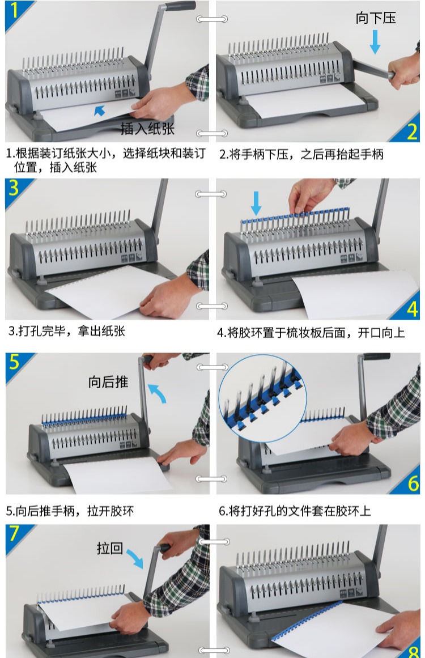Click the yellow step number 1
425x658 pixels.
[14, 11]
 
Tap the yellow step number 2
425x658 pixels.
[411, 131]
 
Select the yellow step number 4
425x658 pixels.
[412, 309]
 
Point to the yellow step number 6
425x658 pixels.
[413, 483]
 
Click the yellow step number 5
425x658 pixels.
[14, 362]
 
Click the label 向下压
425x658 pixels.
[376, 18]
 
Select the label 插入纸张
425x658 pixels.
[147, 129]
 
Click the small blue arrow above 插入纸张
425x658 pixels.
[99, 111]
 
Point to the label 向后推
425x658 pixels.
[108, 382]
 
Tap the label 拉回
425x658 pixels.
[110, 548]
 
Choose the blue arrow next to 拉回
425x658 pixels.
[135, 559]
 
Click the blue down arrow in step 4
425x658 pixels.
[256, 203]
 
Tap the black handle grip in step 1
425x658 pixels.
[180, 6]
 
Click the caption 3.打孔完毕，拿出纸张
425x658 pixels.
[67, 331]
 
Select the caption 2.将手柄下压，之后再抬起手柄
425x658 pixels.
[301, 154]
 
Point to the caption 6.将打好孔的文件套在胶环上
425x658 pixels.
[295, 511]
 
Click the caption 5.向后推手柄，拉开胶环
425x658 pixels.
[70, 511]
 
